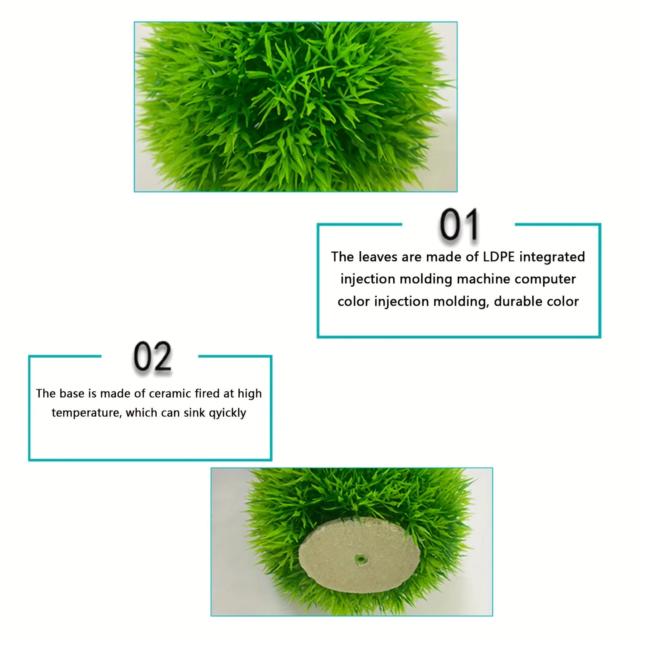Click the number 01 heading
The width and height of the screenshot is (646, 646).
click(458, 225)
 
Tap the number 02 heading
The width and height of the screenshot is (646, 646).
click(152, 357)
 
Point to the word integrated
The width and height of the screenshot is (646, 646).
click(552, 257)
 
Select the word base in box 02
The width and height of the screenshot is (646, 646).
click(72, 393)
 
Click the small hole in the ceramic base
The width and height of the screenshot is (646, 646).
click(360, 558)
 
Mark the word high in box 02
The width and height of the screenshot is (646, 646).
click(249, 393)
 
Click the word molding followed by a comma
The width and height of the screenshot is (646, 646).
click(463, 302)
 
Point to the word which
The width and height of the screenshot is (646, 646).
click(142, 413)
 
